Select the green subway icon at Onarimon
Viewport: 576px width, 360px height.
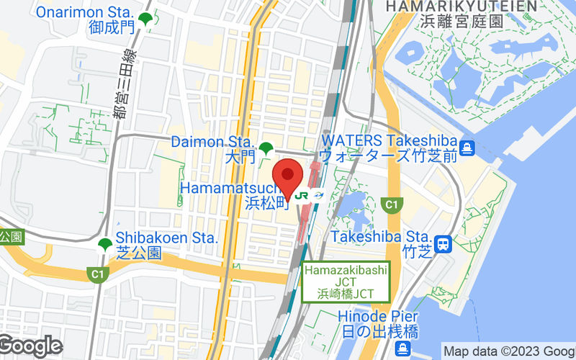[x=146, y=19]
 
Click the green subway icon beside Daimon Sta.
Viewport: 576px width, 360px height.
[x=266, y=149]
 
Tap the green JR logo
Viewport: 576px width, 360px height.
[x=302, y=195]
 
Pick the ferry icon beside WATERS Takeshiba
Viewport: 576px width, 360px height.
[x=468, y=148]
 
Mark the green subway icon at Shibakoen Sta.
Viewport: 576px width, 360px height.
[x=105, y=245]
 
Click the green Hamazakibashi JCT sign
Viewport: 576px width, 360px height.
[x=346, y=282]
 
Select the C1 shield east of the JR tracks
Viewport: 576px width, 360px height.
[x=392, y=205]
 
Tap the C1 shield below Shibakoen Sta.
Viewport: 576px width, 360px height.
[x=96, y=274]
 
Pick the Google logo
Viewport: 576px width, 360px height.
[x=30, y=346]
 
